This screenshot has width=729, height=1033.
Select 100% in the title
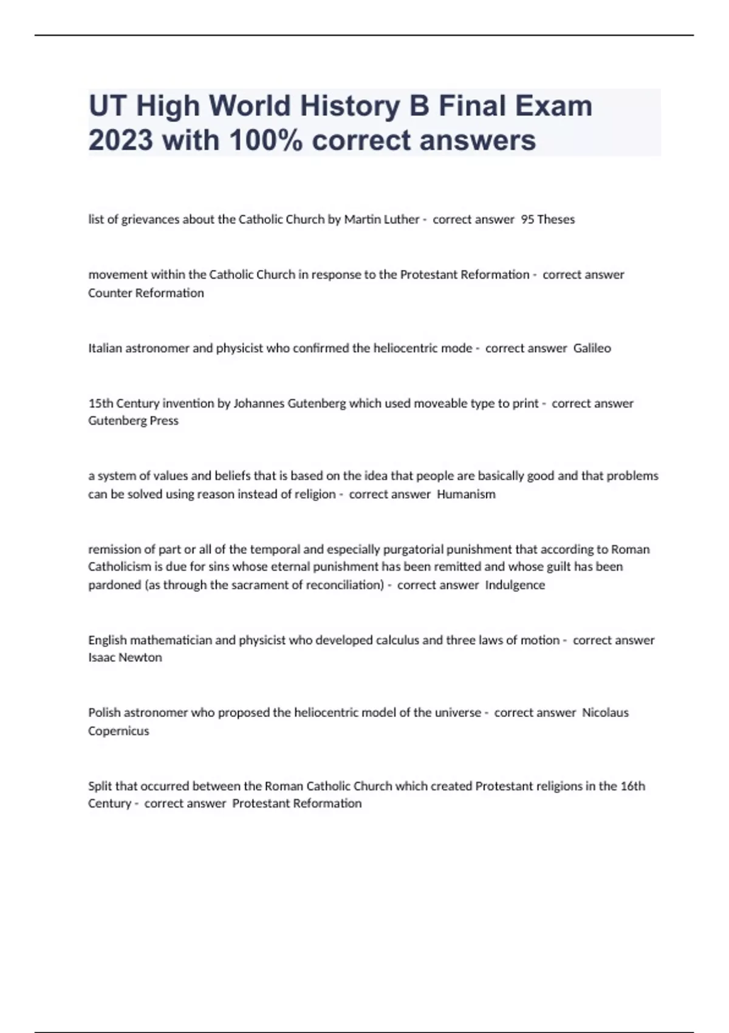266,140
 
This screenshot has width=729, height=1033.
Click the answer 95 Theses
547,219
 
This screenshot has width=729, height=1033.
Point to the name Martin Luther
382,219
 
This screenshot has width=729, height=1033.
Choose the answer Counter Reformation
146,293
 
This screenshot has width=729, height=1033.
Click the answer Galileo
592,348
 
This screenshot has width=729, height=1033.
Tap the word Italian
104,348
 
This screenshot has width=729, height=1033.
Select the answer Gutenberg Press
133,420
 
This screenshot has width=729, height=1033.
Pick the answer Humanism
466,494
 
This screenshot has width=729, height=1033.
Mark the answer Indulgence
515,585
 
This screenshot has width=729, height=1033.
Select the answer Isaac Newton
125,657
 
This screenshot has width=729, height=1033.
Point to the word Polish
104,712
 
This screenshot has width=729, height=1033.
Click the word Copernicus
118,730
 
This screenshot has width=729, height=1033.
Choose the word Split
100,786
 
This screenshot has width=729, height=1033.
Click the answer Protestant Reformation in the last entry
296,803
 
